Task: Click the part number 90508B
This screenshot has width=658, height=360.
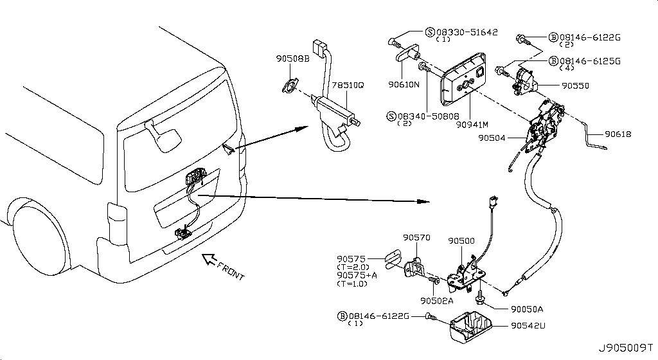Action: (x=292, y=59)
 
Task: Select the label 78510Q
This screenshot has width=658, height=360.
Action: (x=347, y=84)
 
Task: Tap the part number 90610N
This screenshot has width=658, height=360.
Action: (x=404, y=84)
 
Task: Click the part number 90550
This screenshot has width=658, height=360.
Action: (x=575, y=85)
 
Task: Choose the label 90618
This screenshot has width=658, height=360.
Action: (x=618, y=134)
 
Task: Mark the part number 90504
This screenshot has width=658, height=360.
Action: (x=492, y=138)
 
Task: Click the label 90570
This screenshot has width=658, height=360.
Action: (x=416, y=237)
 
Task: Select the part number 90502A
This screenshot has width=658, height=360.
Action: (x=437, y=300)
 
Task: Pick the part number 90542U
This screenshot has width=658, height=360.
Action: (x=529, y=326)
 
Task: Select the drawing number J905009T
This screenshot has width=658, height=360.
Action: (x=627, y=349)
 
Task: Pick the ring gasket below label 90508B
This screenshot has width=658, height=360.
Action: (x=288, y=86)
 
